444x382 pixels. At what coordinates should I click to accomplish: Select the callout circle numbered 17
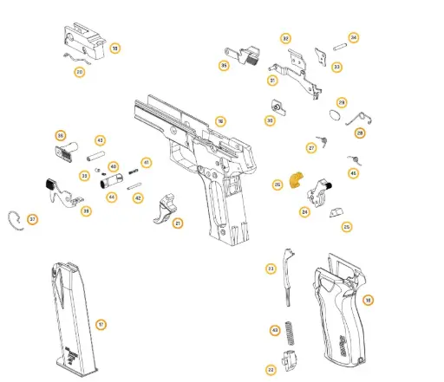101,325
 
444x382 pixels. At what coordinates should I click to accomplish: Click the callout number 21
178,223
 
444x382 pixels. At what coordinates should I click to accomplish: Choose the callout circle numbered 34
354,38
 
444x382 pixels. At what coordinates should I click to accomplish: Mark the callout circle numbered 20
79,72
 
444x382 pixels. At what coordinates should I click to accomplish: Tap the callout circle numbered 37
33,219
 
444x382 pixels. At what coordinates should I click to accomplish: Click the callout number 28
359,133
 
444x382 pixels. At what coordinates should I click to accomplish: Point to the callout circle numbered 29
342,102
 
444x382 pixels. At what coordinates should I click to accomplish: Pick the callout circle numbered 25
346,227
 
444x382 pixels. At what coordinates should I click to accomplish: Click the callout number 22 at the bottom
271,369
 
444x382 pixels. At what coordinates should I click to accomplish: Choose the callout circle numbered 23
271,269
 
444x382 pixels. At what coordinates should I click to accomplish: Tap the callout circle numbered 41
147,163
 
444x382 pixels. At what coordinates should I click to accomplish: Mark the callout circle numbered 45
352,173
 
